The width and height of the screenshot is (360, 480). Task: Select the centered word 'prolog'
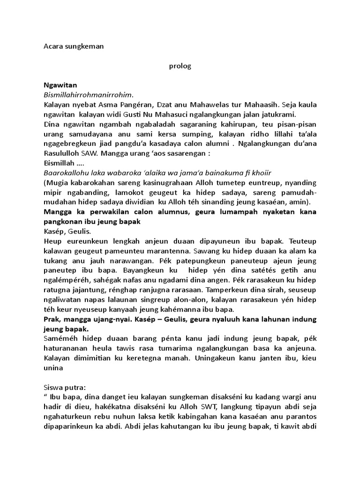pos(180,66)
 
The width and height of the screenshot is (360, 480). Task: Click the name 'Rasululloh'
pos(60,154)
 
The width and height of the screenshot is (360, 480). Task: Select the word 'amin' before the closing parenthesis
pos(301,202)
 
